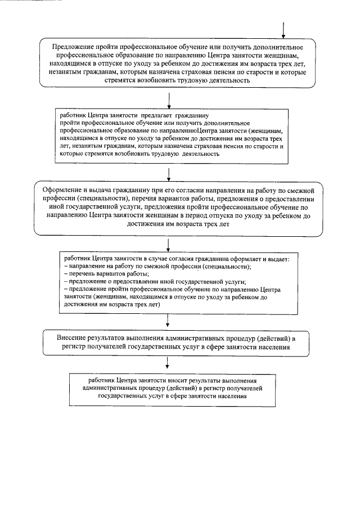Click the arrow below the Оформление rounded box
[x=169, y=244]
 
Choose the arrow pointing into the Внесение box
[x=169, y=320]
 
